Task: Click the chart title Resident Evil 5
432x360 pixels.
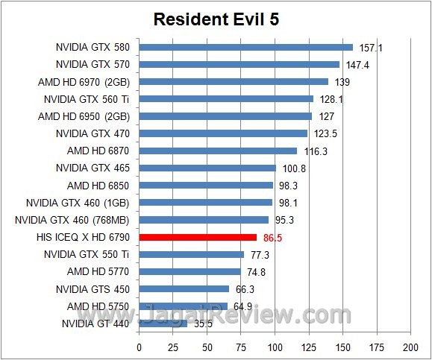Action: pos(216,19)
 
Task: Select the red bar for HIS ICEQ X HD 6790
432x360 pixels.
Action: pos(198,237)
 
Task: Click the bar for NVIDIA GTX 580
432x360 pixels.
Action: pos(245,48)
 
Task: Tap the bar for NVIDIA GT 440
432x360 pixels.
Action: pos(163,323)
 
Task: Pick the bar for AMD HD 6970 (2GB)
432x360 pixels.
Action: pos(234,82)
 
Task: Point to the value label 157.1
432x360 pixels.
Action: pos(371,48)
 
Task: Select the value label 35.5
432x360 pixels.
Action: pos(202,323)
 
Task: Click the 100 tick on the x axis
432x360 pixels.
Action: pos(275,347)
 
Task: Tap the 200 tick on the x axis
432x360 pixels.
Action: pos(410,347)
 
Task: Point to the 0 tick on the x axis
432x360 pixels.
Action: pos(140,347)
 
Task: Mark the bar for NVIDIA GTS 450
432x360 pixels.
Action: pos(184,288)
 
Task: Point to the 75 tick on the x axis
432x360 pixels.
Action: pos(241,347)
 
